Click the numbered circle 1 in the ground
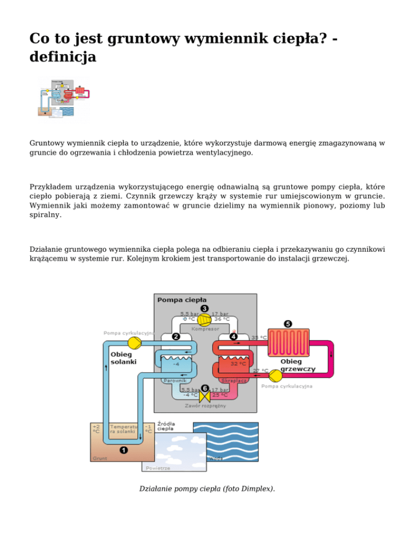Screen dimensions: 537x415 (124, 449)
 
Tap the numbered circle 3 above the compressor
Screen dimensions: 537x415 (204, 308)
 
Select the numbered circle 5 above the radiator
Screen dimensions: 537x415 (287, 324)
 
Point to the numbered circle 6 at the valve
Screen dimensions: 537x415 (204, 388)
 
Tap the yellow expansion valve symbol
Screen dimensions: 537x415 (204, 398)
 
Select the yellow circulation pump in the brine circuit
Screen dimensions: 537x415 (136, 343)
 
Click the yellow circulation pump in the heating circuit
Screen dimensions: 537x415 (276, 374)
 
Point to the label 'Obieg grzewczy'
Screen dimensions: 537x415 (298, 365)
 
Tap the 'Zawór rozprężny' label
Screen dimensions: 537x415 (204, 405)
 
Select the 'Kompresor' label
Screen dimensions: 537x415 (205, 328)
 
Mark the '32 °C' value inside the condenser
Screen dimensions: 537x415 (238, 364)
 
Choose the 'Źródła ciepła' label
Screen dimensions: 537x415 (165, 426)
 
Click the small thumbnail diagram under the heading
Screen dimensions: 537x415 (63, 100)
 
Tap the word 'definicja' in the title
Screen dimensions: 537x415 (63, 56)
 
